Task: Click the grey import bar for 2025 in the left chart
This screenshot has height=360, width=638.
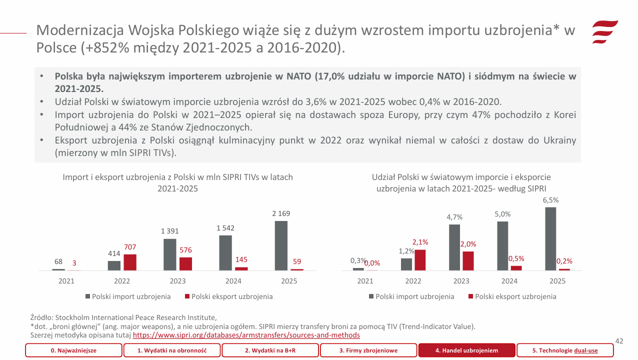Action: click(x=281, y=245)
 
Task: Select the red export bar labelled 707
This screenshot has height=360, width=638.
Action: click(x=130, y=262)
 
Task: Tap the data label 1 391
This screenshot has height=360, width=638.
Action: click(x=169, y=231)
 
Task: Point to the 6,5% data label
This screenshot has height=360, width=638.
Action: click(x=550, y=200)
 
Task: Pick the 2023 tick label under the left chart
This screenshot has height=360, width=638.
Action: click(x=177, y=281)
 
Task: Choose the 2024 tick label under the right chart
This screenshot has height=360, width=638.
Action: click(x=509, y=281)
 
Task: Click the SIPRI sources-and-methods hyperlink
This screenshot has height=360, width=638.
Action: click(x=246, y=335)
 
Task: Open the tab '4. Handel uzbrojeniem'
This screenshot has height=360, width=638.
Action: click(x=466, y=350)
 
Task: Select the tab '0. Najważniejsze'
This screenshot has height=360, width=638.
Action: click(x=73, y=350)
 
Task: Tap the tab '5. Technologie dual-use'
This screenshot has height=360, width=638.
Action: click(x=564, y=350)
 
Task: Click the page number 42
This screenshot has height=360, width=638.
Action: click(x=619, y=341)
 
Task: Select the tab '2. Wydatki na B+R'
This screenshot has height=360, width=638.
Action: click(x=270, y=350)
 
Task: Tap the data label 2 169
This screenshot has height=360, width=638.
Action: click(x=281, y=213)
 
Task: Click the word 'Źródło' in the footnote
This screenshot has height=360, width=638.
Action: click(x=41, y=317)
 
